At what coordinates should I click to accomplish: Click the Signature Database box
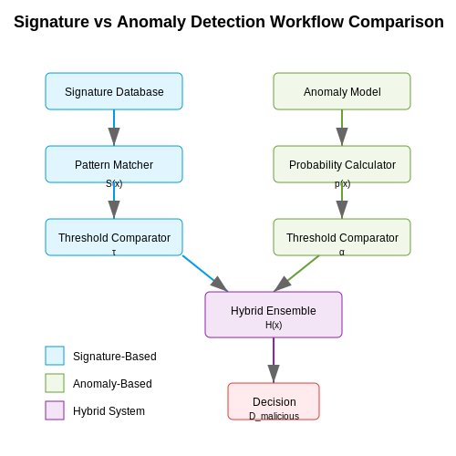[114, 91]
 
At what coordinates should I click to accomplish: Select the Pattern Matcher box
[114, 164]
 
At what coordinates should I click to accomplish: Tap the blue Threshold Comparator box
[114, 237]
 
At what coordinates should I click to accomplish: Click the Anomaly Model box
[342, 91]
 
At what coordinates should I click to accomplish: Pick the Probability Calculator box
[342, 164]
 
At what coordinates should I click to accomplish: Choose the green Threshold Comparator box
[342, 237]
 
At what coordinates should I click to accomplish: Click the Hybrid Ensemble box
[274, 315]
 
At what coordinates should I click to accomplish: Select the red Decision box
[274, 401]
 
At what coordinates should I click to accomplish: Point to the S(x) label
[114, 183]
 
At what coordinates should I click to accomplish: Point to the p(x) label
[342, 184]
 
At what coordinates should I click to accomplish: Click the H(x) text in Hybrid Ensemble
[274, 325]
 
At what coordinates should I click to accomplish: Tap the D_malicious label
[274, 416]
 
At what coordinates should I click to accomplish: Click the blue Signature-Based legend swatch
[55, 356]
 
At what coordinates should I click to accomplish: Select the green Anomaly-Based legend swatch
[55, 383]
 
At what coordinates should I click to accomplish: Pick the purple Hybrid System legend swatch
[55, 410]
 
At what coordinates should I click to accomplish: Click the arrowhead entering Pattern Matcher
[114, 137]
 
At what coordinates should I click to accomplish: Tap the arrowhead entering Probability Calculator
[342, 137]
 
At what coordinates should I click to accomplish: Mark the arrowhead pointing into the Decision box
[274, 374]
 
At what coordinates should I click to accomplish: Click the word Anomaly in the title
[151, 23]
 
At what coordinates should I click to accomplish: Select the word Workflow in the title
[306, 22]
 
